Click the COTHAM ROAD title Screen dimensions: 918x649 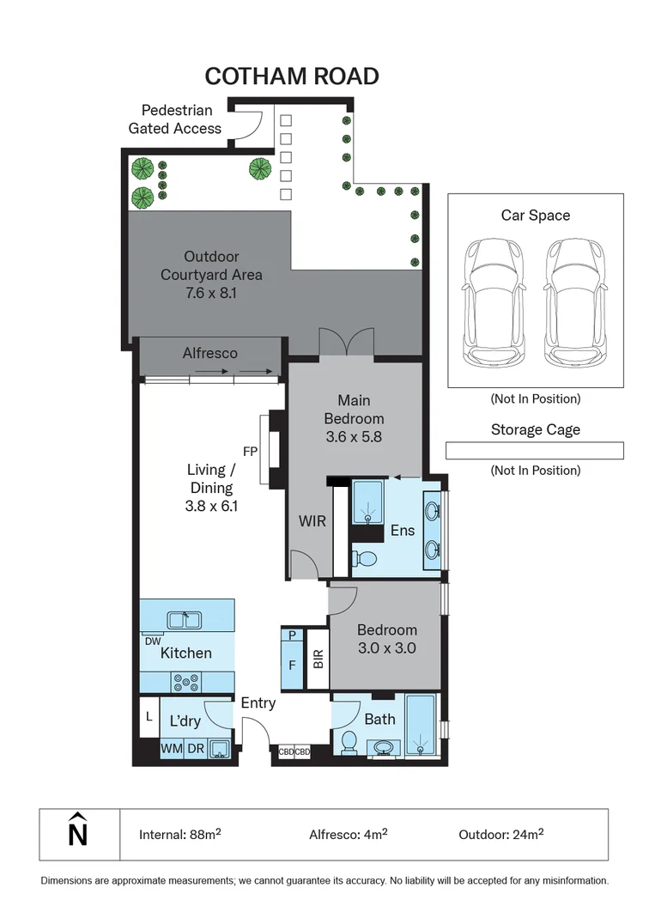(x=292, y=76)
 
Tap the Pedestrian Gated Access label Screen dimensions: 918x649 (x=175, y=119)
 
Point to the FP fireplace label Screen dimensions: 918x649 (x=250, y=450)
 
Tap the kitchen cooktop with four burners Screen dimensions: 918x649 (x=185, y=683)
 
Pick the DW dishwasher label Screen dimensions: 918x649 (x=153, y=641)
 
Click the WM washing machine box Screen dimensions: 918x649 (x=171, y=749)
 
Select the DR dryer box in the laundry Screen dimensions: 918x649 (x=195, y=749)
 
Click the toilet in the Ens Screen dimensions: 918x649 (x=366, y=559)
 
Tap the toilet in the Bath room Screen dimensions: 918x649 (x=349, y=741)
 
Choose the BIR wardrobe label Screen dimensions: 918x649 (x=318, y=660)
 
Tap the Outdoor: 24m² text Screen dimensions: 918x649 (x=501, y=834)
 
